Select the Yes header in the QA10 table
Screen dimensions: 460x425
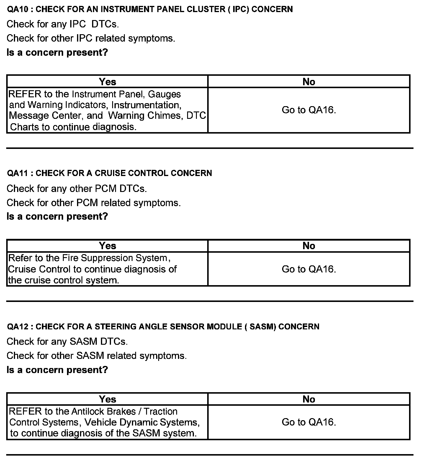pyautogui.click(x=107, y=82)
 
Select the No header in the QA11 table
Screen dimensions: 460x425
pyautogui.click(x=309, y=246)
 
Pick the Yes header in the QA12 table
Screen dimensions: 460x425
pyautogui.click(x=107, y=399)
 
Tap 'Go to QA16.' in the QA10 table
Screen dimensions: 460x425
pyautogui.click(x=309, y=110)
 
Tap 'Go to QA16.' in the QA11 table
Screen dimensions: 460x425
pyautogui.click(x=309, y=269)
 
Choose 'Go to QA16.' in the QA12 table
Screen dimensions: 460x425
pyautogui.click(x=309, y=422)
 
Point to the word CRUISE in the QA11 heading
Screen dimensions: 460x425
pyautogui.click(x=110, y=173)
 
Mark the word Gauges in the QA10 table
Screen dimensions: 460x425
pyautogui.click(x=164, y=94)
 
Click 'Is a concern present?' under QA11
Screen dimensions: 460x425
pyautogui.click(x=57, y=217)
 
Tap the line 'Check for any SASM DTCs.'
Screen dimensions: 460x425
pyautogui.click(x=67, y=342)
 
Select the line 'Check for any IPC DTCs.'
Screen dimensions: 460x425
pyautogui.click(x=63, y=24)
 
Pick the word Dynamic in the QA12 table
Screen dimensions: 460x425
pyautogui.click(x=139, y=422)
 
